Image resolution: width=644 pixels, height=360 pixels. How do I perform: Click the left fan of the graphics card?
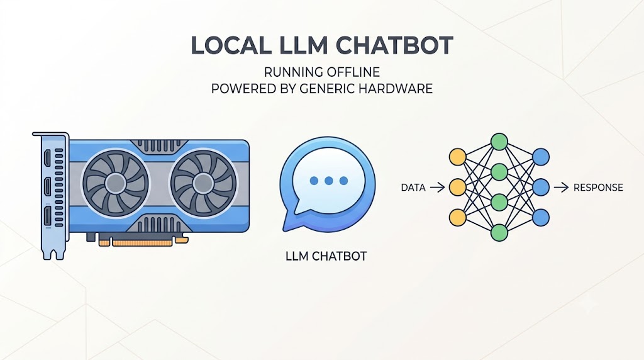point(115,183)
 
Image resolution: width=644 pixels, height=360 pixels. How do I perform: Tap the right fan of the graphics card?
point(203,183)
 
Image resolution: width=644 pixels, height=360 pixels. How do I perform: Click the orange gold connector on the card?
point(142,242)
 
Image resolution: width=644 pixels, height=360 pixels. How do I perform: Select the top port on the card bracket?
point(48,157)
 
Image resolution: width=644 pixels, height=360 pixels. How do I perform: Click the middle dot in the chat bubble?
point(328,181)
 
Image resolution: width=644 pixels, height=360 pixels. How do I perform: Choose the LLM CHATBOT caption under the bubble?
point(326,256)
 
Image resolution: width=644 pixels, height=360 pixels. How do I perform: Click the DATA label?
point(413,188)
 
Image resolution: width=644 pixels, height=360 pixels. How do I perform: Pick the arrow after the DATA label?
point(437,188)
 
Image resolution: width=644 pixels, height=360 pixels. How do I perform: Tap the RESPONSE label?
point(599,188)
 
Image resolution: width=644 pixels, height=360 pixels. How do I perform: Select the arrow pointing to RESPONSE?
point(561,188)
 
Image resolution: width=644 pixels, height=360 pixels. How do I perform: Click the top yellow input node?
point(458,157)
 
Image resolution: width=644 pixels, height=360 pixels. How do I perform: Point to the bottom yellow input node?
point(458,217)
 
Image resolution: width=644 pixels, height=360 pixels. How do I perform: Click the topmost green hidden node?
point(499,142)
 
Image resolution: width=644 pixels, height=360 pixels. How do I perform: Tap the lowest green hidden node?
point(499,233)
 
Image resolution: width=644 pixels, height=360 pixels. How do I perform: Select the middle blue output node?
point(541,188)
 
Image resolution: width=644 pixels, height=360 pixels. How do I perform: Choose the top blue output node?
point(541,157)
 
